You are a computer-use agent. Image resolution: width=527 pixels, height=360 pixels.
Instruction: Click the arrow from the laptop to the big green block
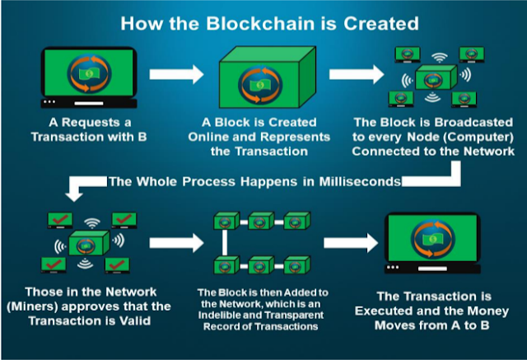(176, 74)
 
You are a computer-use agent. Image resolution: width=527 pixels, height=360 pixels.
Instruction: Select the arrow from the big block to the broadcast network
(357, 74)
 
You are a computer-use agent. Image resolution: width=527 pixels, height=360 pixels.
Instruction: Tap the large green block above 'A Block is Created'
(268, 77)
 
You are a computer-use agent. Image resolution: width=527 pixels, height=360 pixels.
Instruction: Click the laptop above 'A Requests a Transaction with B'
(89, 77)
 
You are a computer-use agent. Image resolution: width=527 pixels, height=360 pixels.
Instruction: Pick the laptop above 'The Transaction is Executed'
(432, 243)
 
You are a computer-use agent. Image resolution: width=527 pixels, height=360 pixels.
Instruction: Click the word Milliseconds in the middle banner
(360, 181)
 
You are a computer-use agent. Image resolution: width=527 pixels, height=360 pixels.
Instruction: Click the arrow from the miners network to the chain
(176, 243)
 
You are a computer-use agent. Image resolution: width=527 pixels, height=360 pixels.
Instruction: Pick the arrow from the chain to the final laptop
(351, 243)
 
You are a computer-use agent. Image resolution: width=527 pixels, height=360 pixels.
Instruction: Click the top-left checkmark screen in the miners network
(60, 220)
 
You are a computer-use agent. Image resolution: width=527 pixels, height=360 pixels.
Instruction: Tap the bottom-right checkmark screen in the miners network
(117, 265)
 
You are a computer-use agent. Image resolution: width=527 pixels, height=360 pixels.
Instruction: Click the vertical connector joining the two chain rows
(225, 242)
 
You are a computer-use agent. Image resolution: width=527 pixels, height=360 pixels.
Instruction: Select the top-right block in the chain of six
(296, 221)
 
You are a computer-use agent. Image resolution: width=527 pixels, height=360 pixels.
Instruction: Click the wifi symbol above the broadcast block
(440, 58)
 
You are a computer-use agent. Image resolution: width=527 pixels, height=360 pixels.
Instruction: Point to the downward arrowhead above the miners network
(74, 197)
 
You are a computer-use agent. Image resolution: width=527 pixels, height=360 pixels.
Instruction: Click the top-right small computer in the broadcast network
(472, 54)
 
